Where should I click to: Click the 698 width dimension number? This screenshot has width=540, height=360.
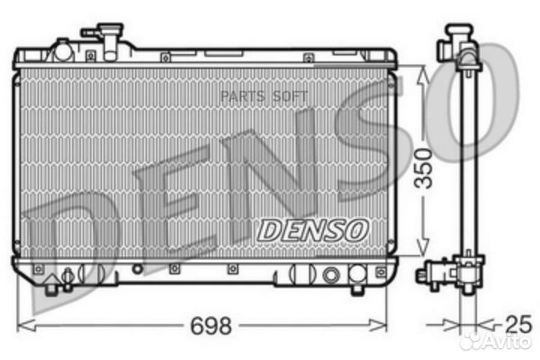211,325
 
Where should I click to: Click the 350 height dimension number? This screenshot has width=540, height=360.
423,169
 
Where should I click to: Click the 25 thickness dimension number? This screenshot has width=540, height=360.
518,324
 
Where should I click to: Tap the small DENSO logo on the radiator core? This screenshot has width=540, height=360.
313,230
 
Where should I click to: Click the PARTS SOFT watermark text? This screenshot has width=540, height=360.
264,97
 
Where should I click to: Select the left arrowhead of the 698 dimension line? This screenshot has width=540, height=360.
26,325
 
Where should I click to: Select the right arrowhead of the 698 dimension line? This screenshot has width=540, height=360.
378,325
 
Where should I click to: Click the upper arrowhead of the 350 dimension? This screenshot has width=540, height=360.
423,76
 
